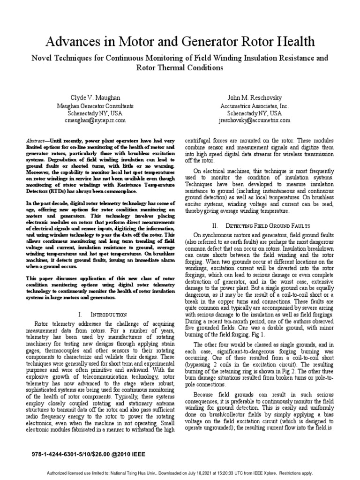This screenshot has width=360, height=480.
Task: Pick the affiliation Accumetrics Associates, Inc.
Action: [x=255, y=106]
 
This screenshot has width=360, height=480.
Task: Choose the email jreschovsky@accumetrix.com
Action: [x=255, y=120]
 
